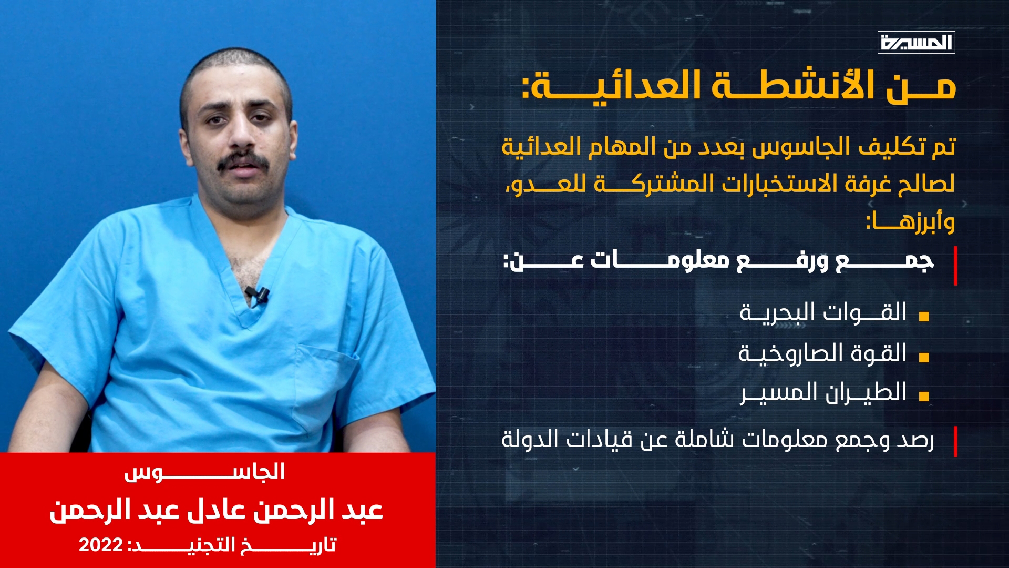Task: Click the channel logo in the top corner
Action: click(x=916, y=42)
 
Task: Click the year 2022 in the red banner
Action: click(x=101, y=545)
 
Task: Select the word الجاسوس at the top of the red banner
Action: click(x=205, y=472)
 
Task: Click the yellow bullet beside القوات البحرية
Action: click(x=924, y=317)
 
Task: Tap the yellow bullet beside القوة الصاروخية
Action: click(x=924, y=357)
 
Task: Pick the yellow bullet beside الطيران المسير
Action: click(x=924, y=397)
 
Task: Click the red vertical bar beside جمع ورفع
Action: click(x=955, y=266)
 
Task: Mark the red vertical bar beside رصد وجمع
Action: click(x=955, y=441)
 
